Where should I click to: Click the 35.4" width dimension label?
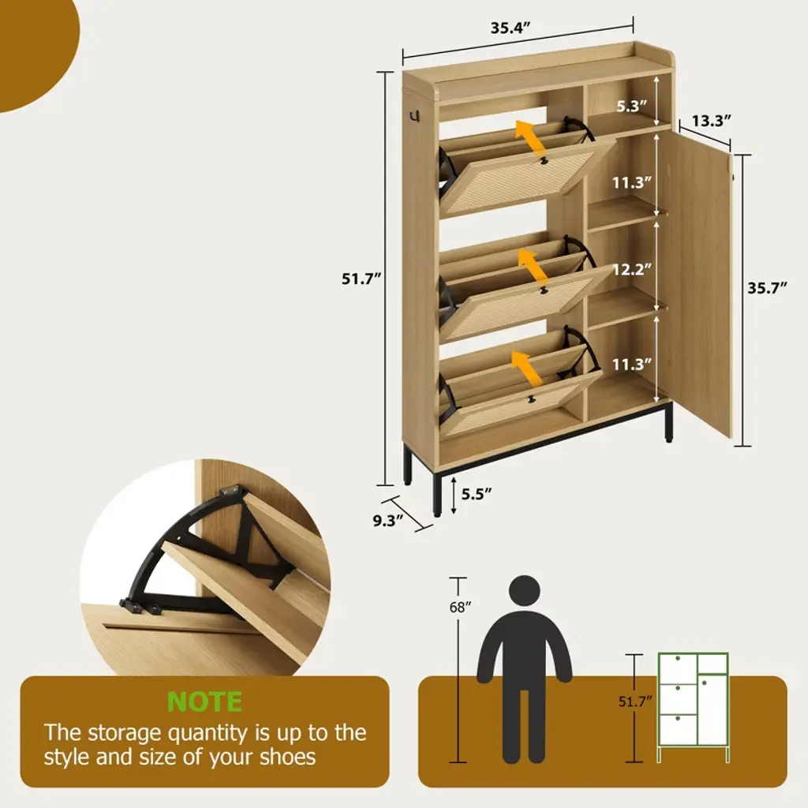click(511, 28)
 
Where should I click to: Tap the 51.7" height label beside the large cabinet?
click(361, 279)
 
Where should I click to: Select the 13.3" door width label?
click(712, 121)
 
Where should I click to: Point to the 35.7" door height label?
click(767, 287)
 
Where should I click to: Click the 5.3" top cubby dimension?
click(632, 107)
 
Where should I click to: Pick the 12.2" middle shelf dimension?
click(632, 270)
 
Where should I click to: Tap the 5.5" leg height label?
click(477, 494)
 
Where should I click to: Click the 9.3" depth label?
click(388, 521)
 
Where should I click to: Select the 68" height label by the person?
click(460, 608)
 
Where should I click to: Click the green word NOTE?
click(204, 701)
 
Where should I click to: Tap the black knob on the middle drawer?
click(543, 291)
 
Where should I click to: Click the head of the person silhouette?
click(524, 591)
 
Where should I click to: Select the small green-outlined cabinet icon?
click(693, 707)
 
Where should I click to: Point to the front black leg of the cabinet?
click(437, 493)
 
